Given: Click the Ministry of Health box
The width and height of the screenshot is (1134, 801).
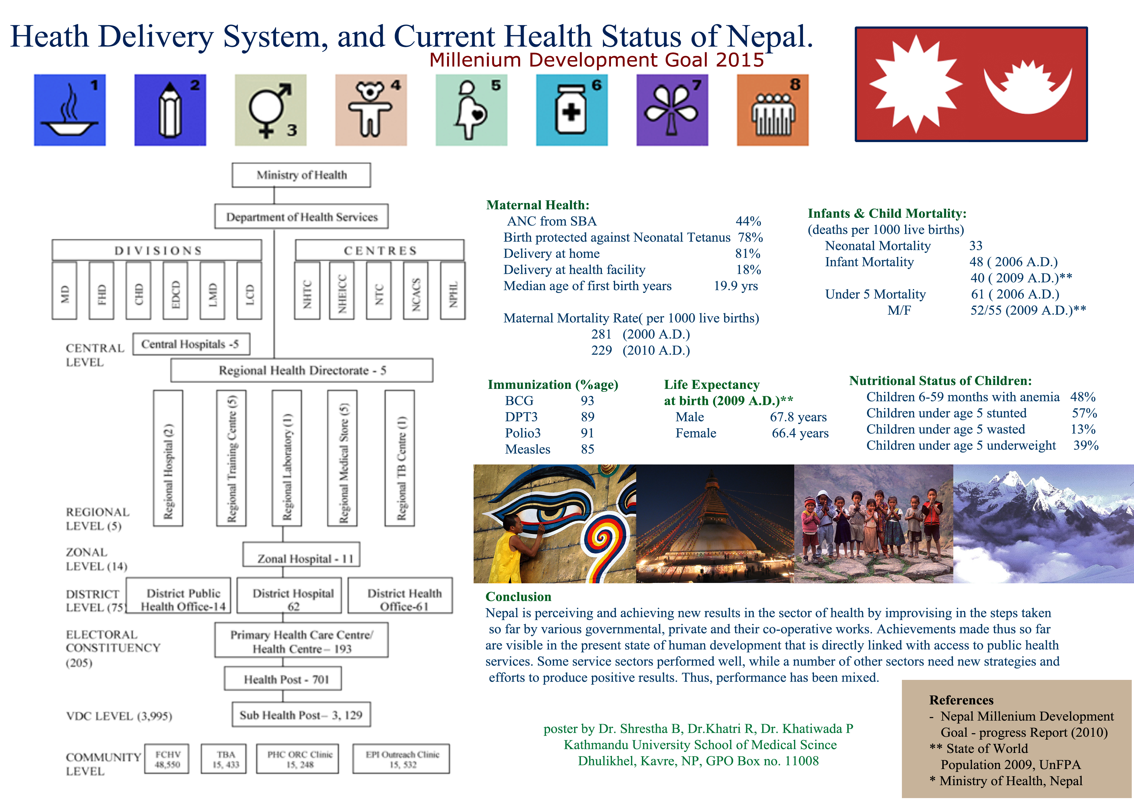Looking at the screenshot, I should click(x=301, y=175).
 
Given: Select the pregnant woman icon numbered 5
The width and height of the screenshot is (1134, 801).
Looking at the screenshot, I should click(x=471, y=110).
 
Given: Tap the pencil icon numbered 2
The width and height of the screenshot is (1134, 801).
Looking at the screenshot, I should click(x=170, y=110).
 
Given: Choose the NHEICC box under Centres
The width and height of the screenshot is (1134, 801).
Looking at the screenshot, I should click(x=342, y=291).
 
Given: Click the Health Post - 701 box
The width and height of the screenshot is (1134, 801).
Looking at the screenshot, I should click(x=283, y=679).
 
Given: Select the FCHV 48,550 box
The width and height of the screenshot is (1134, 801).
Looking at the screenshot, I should click(x=167, y=759).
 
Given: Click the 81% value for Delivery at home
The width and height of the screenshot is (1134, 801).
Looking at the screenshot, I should click(x=747, y=254).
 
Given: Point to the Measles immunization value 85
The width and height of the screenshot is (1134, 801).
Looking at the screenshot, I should click(x=587, y=449).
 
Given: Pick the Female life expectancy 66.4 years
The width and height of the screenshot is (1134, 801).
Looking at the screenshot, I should click(x=800, y=433).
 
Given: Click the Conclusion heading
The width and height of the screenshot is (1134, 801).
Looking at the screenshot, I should click(x=518, y=597).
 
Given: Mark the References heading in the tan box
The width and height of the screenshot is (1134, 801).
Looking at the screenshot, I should click(x=961, y=700).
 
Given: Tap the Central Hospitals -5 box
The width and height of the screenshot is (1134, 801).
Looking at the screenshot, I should click(x=191, y=344).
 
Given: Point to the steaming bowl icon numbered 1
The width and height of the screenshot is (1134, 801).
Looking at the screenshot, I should click(x=70, y=110).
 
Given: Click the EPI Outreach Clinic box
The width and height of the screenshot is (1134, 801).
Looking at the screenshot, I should click(x=401, y=759).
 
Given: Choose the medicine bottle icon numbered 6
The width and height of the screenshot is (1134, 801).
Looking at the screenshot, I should click(x=572, y=110).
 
